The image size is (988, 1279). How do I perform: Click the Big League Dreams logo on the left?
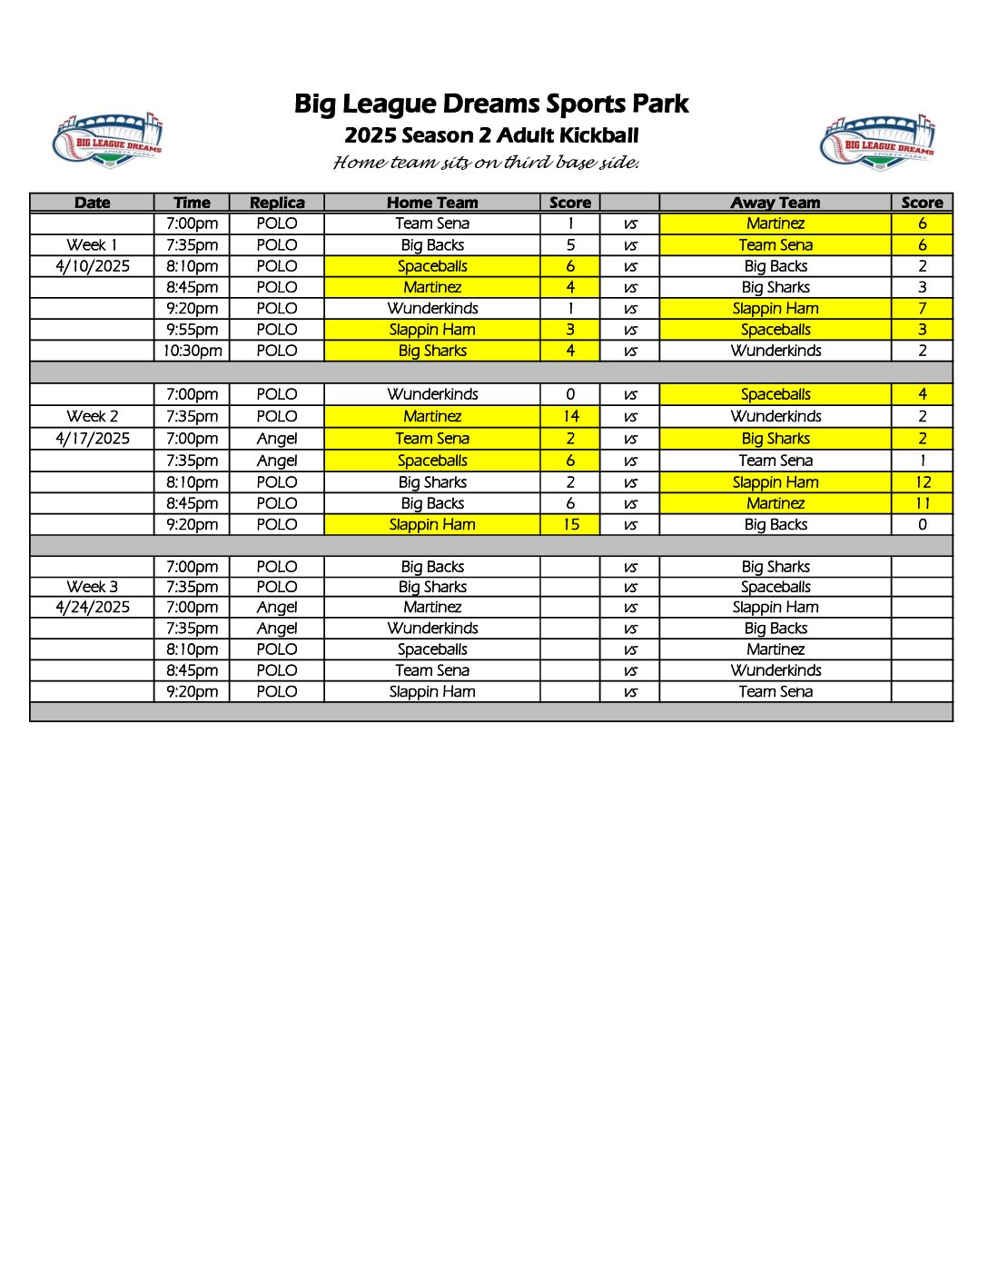click(x=107, y=140)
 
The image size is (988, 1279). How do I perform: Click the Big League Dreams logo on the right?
click(x=877, y=143)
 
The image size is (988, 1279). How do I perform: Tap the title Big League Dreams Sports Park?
click(x=491, y=104)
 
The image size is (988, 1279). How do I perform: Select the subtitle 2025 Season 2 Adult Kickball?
click(x=491, y=135)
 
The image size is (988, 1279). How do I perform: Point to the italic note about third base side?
click(x=487, y=163)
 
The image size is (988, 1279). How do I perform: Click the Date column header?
click(x=93, y=203)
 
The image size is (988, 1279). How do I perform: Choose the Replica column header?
click(x=277, y=203)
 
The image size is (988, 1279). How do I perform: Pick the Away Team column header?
click(x=776, y=203)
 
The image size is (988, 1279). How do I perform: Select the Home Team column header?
click(x=432, y=203)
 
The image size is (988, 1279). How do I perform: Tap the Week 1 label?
click(x=93, y=244)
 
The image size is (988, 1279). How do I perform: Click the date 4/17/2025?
click(x=93, y=438)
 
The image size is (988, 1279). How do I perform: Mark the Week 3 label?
click(x=93, y=587)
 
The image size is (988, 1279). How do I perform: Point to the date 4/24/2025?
click(x=93, y=607)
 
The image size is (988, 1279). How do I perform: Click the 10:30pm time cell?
click(x=193, y=351)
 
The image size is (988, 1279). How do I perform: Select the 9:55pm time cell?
click(x=193, y=330)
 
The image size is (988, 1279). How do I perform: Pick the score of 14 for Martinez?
click(x=570, y=416)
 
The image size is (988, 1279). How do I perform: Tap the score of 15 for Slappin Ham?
click(x=570, y=524)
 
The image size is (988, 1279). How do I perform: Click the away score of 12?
click(x=923, y=482)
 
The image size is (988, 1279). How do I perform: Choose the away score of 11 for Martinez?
click(x=923, y=503)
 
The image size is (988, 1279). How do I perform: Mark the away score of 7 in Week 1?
click(x=923, y=308)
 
